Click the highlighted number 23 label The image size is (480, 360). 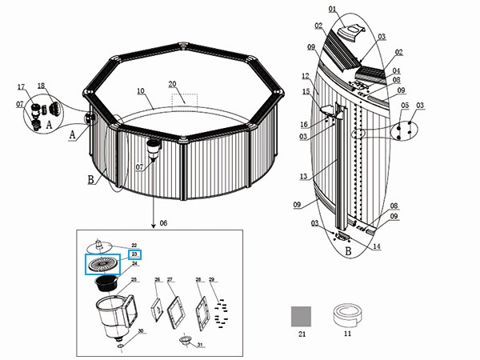(134, 254)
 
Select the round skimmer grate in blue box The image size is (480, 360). (102, 265)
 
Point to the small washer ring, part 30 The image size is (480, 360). (119, 341)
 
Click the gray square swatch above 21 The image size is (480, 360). (301, 316)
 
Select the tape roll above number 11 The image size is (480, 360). (348, 314)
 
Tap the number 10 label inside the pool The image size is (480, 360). (141, 92)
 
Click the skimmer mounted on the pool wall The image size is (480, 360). (155, 148)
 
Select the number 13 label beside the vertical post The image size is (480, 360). (302, 175)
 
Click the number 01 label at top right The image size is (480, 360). (331, 10)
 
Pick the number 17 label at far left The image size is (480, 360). (22, 86)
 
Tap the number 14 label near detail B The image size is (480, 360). (376, 247)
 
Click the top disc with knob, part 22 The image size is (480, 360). (101, 245)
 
